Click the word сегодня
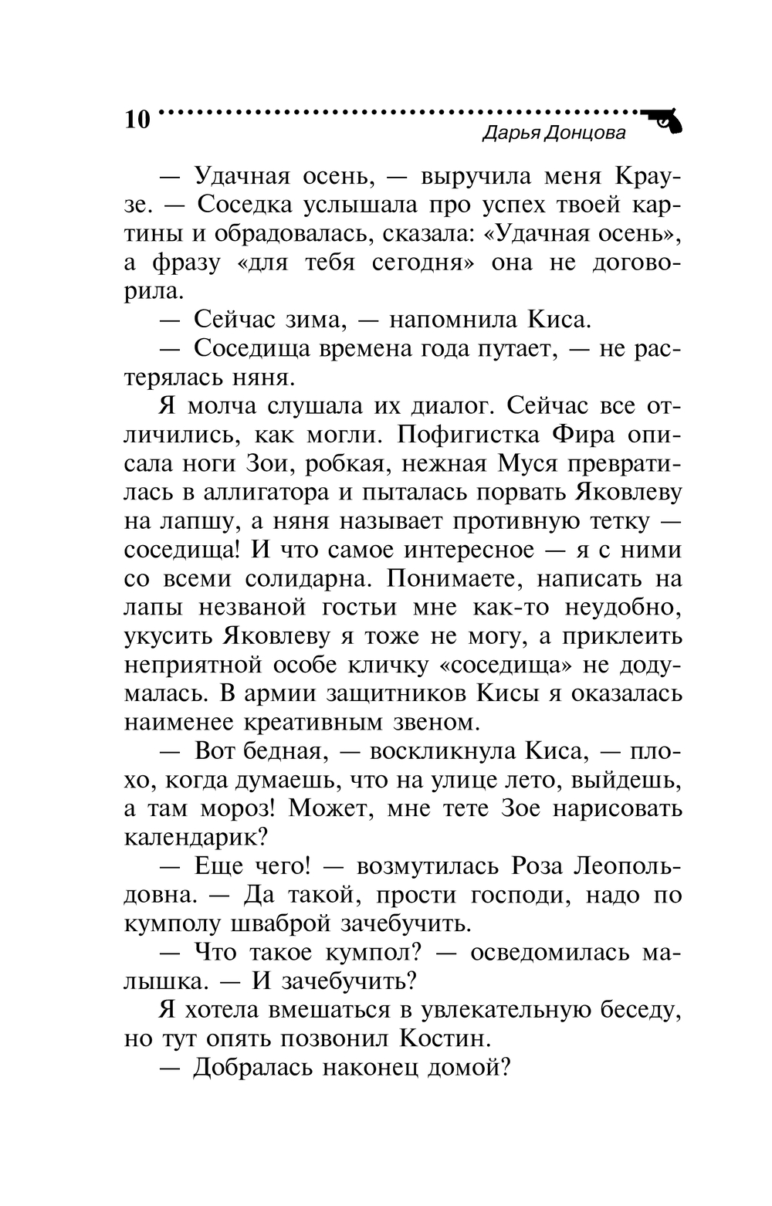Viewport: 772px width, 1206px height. click(419, 263)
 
